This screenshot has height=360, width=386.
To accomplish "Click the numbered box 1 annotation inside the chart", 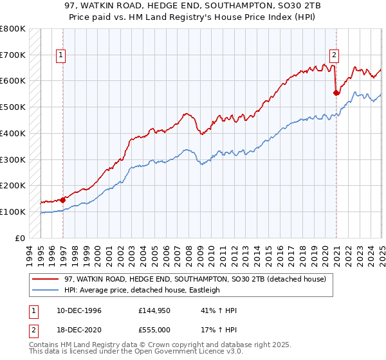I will (x=60, y=55).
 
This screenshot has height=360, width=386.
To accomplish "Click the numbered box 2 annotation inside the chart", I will (x=335, y=55).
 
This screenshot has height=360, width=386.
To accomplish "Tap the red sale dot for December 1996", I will (x=63, y=199).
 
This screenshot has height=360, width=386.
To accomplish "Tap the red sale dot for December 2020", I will (x=336, y=93).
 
